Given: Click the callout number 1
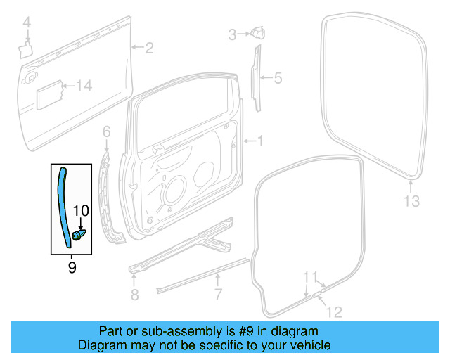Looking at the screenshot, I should [260, 141].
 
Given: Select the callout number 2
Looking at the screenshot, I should [149, 48].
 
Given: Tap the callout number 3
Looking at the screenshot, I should [231, 33].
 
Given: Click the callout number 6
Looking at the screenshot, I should [106, 131].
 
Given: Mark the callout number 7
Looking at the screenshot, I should [219, 294].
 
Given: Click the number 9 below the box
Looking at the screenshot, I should [72, 267].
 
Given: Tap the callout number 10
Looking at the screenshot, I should [81, 210].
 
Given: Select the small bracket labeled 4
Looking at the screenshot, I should [25, 49].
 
